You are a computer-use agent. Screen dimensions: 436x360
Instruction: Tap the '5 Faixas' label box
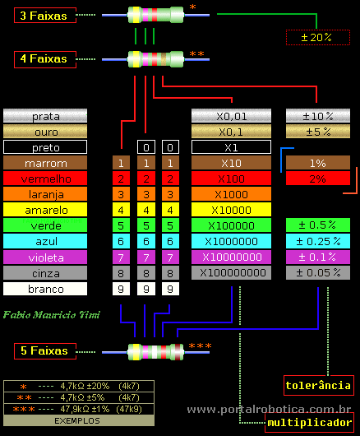pos(45,351)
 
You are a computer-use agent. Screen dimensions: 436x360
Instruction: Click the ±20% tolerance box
pos(317,37)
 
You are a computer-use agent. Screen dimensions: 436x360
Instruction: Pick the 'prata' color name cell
pos(45,116)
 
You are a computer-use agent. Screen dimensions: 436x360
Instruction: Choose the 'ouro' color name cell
pos(45,132)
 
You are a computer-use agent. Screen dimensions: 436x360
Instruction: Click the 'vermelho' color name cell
pos(45,179)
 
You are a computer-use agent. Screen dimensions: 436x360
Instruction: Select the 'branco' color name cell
pos(45,289)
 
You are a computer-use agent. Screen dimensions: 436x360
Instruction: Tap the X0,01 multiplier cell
pos(231,116)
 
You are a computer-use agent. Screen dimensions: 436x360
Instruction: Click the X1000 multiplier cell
pos(231,194)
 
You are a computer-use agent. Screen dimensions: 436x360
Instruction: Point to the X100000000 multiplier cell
pos(231,272)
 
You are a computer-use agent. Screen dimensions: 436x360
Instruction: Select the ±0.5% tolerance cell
pos(317,225)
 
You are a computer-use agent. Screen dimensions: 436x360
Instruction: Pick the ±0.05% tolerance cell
pos(317,272)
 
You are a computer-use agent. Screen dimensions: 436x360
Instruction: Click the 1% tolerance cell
pos(317,163)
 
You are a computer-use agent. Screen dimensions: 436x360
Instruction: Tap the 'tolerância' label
pos(317,385)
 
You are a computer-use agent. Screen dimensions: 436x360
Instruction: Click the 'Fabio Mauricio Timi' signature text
pos(51,315)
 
